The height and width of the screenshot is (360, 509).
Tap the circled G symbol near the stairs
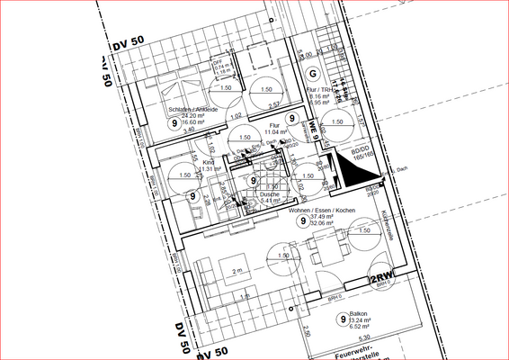point(313,74)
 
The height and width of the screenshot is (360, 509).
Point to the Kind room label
point(208,163)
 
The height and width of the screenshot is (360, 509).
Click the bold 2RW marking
point(382,277)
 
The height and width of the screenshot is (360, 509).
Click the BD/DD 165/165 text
point(362,154)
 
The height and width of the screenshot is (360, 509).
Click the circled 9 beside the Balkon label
point(342,319)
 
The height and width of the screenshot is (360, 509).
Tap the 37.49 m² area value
point(322,217)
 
